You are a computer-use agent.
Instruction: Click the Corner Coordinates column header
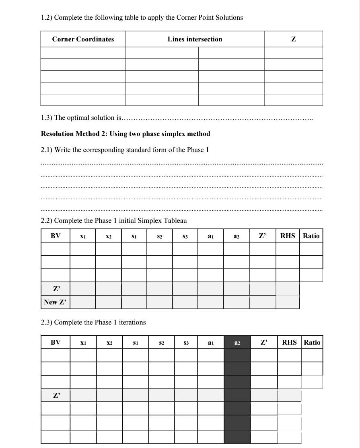coord(83,39)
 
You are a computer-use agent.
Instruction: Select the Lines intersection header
coord(195,39)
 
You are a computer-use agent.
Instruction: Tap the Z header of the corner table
coord(294,39)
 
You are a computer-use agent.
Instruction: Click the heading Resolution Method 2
coord(125,134)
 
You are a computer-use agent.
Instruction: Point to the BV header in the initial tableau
coord(56,236)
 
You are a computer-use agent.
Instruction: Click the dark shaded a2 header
coord(237,343)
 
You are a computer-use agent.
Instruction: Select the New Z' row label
coord(56,302)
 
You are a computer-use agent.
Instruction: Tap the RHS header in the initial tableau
coord(288,236)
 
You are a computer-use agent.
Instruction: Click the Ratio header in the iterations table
coord(312,342)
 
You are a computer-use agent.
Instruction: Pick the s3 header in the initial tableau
coord(185,236)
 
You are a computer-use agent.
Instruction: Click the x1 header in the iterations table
coord(83,343)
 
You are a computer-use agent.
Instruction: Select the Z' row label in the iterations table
coord(56,395)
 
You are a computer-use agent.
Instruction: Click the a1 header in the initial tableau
coord(210,236)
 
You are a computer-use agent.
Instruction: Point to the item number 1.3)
coord(47,117)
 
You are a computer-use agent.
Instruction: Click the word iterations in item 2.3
coord(132,322)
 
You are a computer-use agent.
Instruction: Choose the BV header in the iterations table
coord(56,342)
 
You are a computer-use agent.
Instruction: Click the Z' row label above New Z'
coord(56,289)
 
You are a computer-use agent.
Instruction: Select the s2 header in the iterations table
coord(161,343)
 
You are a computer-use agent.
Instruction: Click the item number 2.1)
coord(47,150)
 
